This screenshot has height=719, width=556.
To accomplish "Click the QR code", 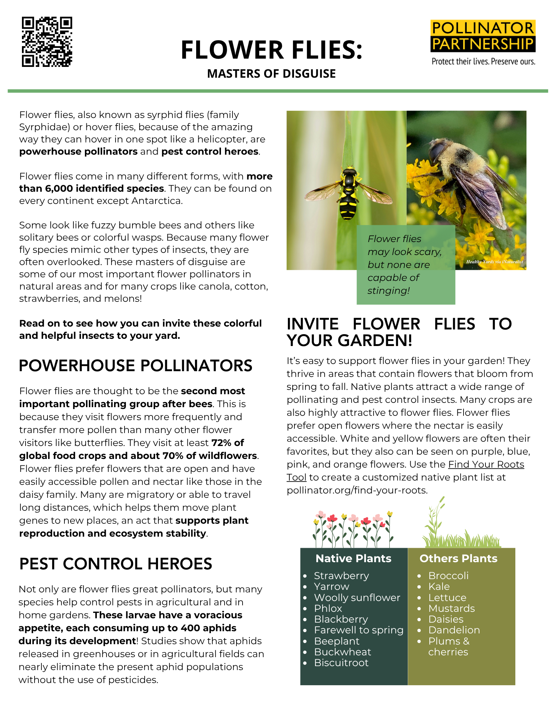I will point(47,42).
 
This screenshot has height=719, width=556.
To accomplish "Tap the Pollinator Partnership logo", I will point(483,36).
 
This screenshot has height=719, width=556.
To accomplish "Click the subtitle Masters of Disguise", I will point(271,74).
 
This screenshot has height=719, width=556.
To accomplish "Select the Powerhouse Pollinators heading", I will point(135,366).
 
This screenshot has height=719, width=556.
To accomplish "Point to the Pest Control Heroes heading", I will point(116,564).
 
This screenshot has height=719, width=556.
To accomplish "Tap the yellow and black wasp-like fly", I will point(348,192).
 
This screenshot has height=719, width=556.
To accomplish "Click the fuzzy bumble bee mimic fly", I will point(468,173).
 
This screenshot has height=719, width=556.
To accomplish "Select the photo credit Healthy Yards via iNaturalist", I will point(494,262).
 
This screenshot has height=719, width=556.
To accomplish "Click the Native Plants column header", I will point(353,559).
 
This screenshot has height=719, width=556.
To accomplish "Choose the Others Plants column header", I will point(458,559).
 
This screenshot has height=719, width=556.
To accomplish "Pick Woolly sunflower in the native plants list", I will point(357,598).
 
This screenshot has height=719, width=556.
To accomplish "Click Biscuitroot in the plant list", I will point(341,663).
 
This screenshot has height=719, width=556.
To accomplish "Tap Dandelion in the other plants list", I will point(454,630).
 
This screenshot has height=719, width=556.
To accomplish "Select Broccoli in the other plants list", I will point(448,576).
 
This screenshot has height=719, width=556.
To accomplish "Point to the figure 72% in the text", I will point(223,443).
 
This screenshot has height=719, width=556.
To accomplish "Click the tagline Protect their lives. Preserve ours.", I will point(483,62).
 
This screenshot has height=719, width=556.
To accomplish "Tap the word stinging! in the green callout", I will point(388,291).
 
